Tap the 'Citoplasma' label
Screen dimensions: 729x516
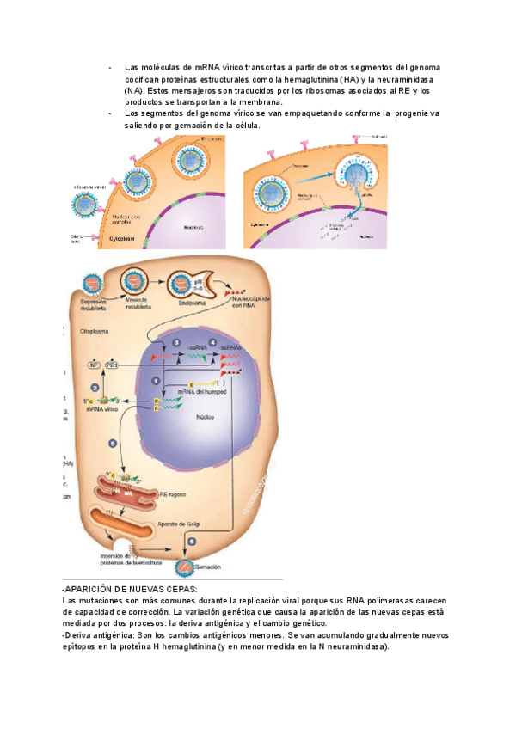point(95,330)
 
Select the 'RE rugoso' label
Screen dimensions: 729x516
point(170,495)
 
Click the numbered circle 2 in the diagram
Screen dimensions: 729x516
point(156,379)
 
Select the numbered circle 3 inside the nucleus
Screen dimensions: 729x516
point(175,343)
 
